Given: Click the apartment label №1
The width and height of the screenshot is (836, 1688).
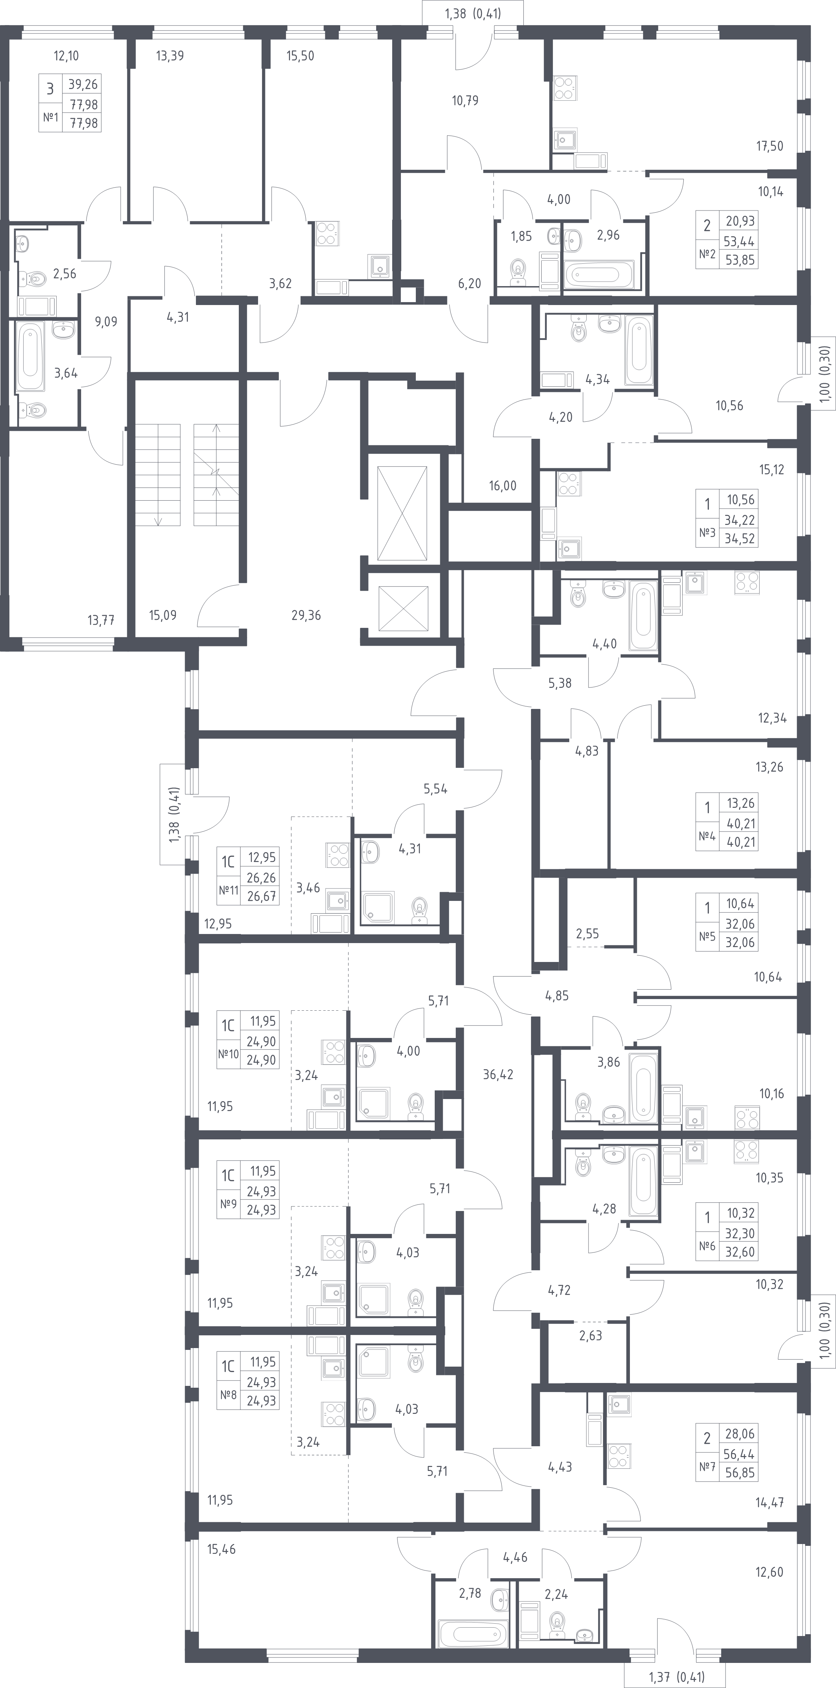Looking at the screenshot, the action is (x=51, y=118).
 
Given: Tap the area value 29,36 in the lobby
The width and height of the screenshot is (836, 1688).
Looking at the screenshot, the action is (x=306, y=615).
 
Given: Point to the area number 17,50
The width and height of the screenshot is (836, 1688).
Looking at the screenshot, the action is (x=770, y=146).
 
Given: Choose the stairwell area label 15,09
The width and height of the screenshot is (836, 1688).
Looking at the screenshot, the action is (x=162, y=615).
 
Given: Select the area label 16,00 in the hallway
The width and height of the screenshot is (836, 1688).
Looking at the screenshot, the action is (x=503, y=486).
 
